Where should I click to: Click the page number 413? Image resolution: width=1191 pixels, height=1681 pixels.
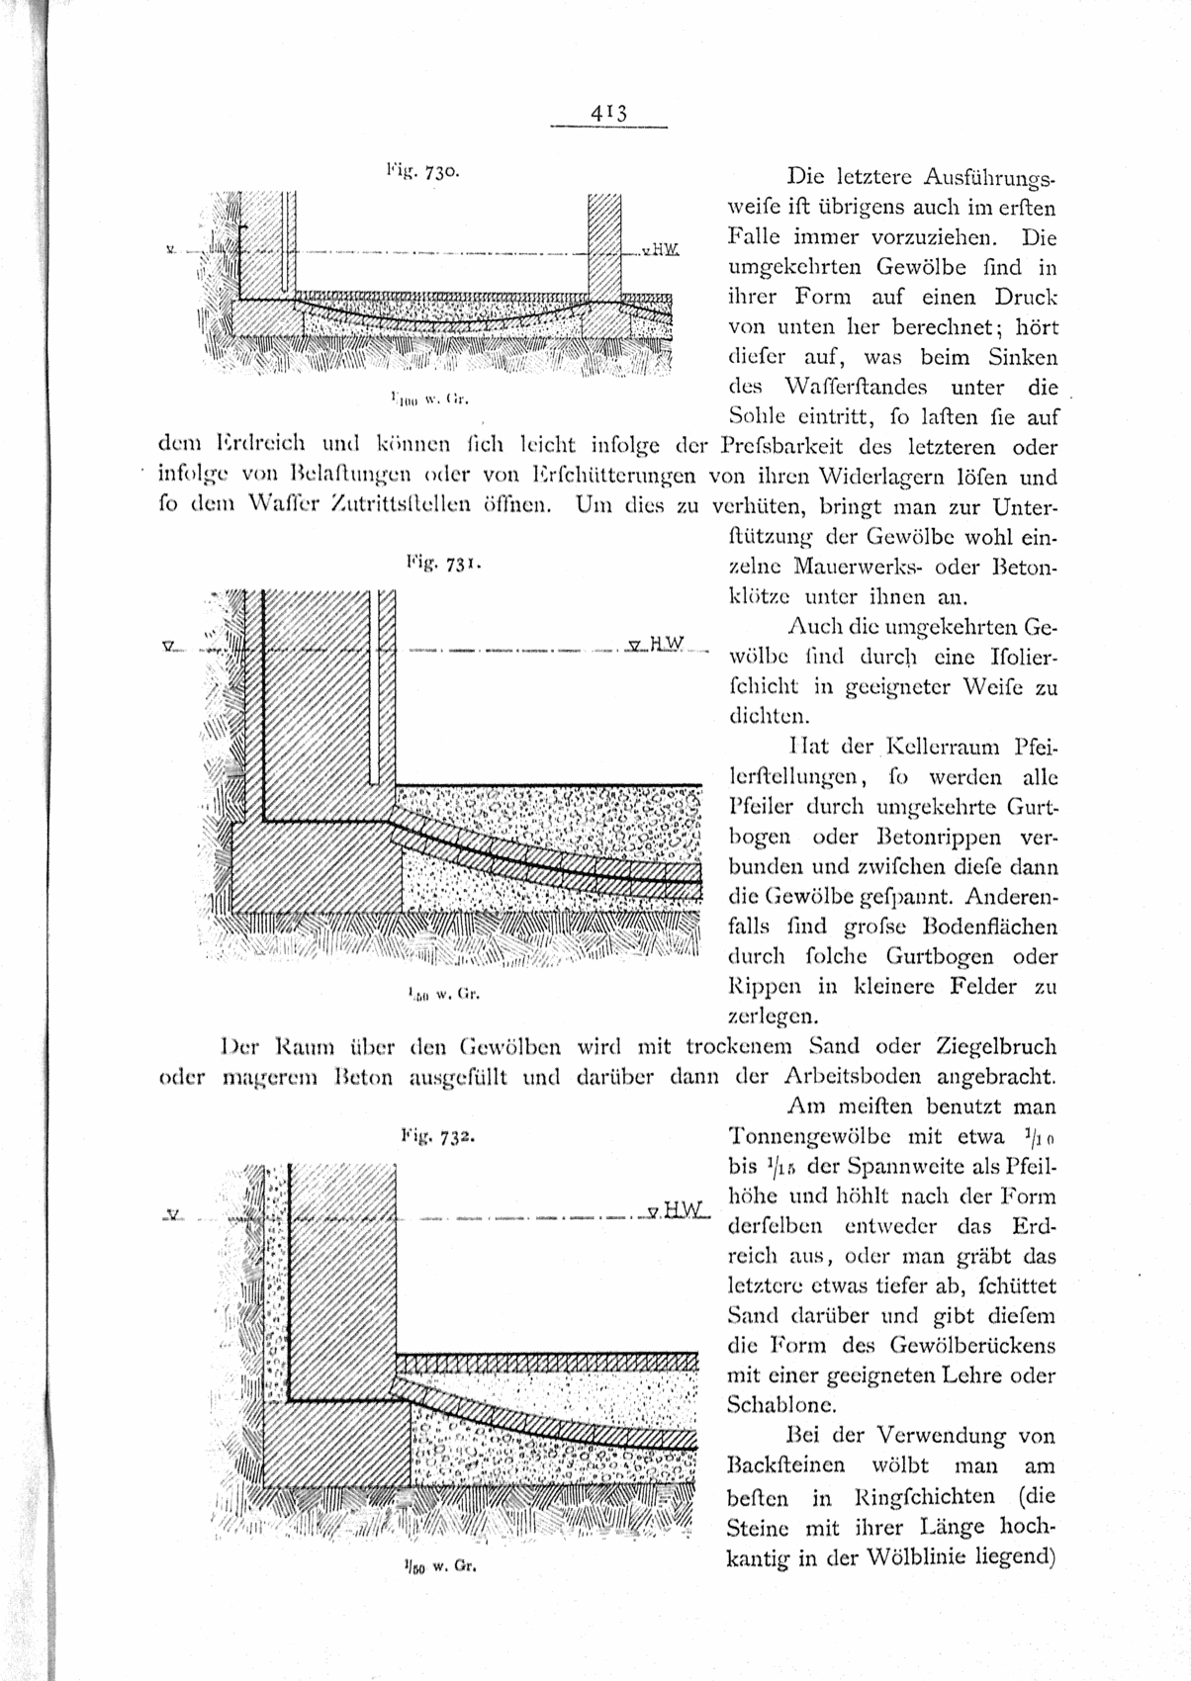click(x=608, y=114)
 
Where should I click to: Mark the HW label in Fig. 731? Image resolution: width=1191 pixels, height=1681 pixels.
click(x=668, y=644)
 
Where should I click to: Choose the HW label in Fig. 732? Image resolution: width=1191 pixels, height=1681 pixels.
click(x=682, y=1210)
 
